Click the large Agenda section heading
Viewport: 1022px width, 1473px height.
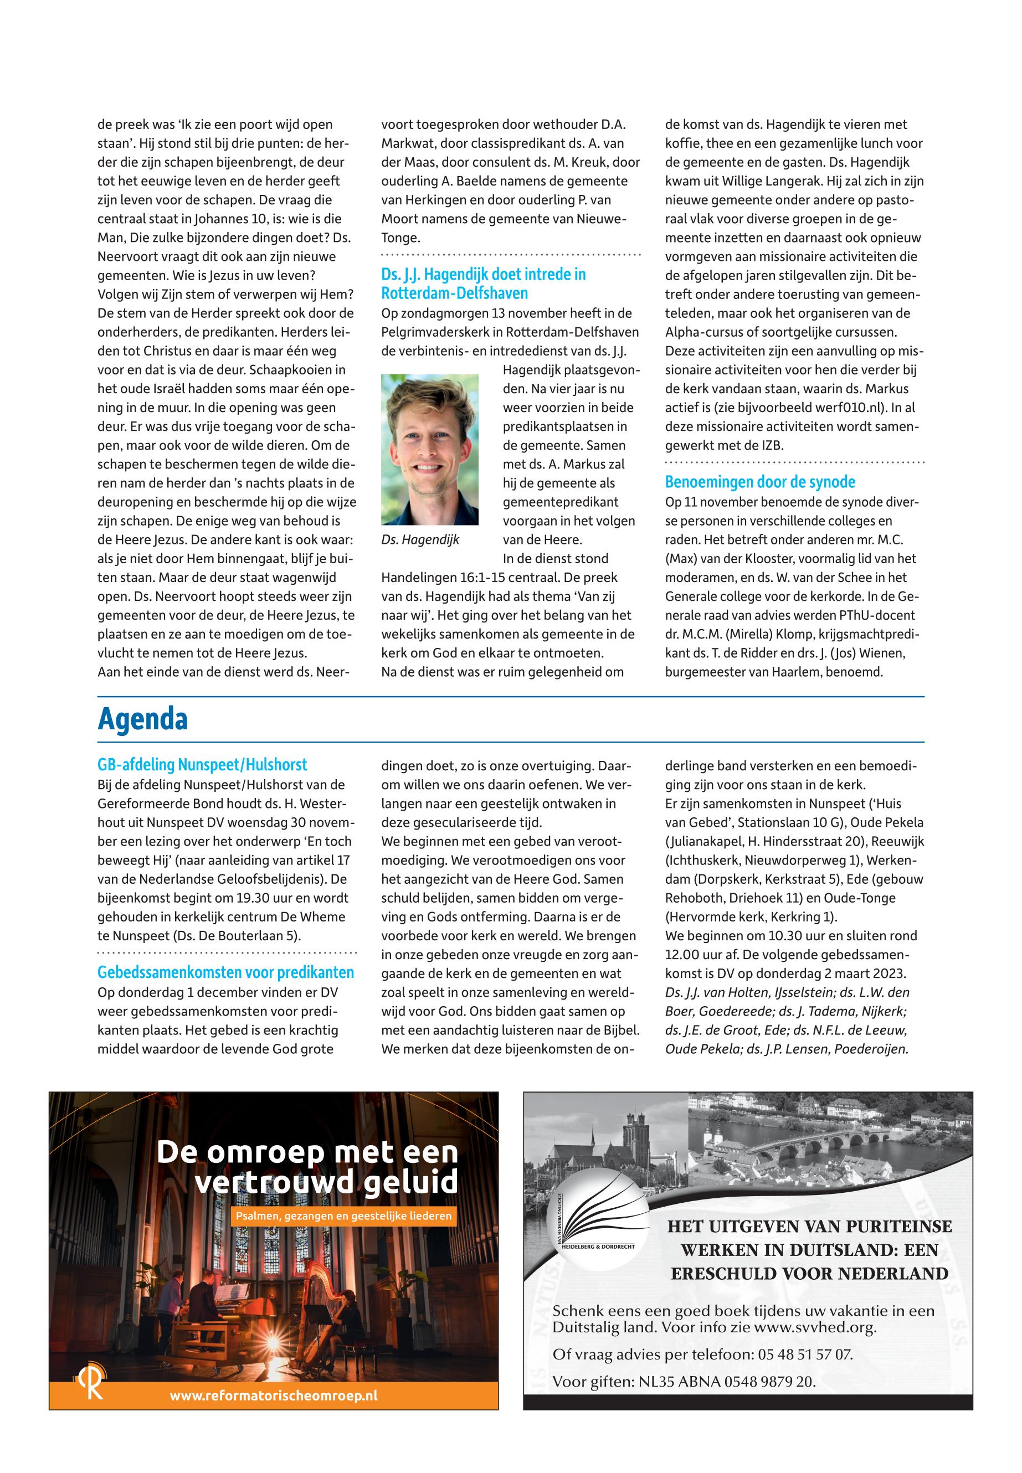142,719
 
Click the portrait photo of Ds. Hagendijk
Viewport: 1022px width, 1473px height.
430,450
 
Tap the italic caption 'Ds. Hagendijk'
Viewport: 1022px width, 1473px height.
420,540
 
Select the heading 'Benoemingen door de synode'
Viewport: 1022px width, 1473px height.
760,482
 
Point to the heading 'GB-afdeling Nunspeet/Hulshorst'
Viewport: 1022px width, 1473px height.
202,764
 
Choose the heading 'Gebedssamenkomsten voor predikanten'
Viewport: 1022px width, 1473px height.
225,972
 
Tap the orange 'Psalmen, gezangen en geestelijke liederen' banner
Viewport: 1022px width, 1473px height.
344,1216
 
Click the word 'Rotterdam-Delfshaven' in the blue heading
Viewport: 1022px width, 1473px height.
455,294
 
